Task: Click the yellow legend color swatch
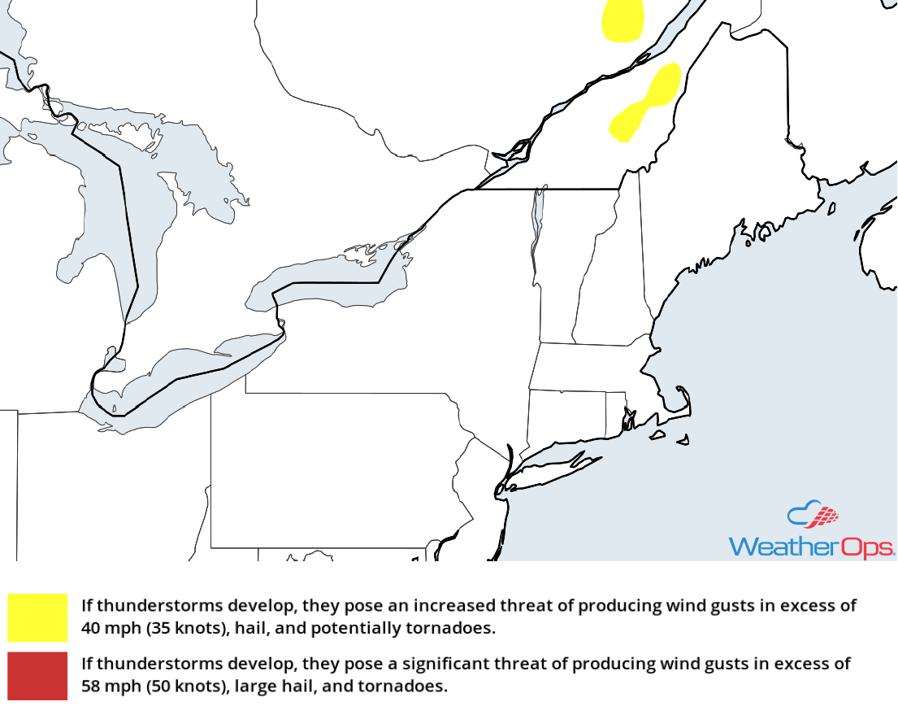[37, 617]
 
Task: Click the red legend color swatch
[37, 674]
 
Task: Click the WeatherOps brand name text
[810, 547]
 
